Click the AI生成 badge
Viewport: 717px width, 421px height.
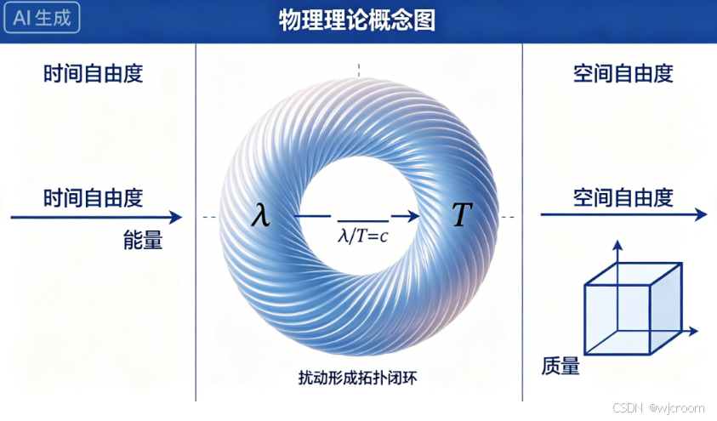(43, 19)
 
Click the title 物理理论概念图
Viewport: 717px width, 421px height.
(357, 20)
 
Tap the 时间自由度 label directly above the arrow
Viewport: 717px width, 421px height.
(94, 198)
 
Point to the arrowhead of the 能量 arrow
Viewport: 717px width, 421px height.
(176, 217)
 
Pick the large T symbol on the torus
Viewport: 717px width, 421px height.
(461, 216)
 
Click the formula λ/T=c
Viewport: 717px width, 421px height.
(363, 236)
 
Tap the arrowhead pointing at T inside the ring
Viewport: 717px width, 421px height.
(412, 217)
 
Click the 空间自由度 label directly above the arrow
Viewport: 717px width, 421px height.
(623, 198)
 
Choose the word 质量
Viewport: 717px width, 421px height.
(561, 367)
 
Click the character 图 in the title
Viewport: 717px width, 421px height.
(424, 20)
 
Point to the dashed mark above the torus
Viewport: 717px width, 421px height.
(359, 70)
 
